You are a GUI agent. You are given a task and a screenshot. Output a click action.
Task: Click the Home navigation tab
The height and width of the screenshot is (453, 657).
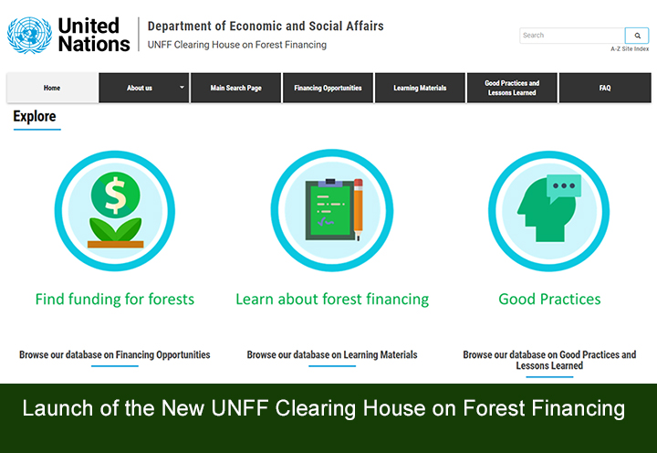52,88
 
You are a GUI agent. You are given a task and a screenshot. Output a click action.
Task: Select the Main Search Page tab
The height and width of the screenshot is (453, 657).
235,88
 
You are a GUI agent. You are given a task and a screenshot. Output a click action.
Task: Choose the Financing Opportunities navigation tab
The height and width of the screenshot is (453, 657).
328,88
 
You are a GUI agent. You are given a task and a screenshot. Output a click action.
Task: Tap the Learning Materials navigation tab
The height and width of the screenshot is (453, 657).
420,88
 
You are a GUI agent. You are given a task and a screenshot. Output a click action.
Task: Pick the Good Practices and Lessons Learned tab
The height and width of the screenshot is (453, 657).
512,88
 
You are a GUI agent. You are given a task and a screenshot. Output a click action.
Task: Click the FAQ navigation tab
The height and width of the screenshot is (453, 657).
605,88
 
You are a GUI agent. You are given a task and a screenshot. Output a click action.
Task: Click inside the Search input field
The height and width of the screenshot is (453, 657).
571,36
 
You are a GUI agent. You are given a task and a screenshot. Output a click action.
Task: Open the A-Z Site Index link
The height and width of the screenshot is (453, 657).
630,48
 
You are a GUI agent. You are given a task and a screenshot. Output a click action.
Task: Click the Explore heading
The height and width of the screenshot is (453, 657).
35,117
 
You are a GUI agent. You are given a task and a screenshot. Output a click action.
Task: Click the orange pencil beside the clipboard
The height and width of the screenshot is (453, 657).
358,210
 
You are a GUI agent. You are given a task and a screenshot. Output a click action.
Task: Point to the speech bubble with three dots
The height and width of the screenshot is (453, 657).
563,187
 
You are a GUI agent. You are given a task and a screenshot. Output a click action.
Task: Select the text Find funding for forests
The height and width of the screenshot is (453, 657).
115,299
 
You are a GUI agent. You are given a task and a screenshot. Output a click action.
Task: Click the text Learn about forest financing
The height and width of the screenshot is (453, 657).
332,299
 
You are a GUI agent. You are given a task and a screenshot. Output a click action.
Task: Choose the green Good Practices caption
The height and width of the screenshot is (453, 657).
549,299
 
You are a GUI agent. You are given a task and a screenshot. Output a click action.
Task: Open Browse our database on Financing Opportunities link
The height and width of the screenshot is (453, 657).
115,354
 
